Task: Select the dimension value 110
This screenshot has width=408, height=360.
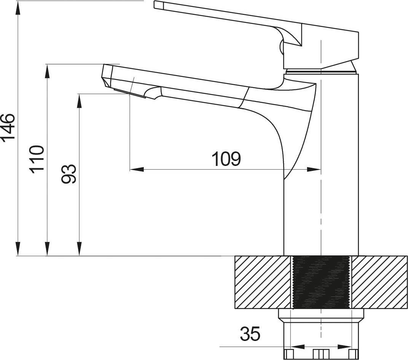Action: [x=37, y=159]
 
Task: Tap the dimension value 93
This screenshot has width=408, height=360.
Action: [x=69, y=174]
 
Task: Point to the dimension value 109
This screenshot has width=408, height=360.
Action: [x=226, y=159]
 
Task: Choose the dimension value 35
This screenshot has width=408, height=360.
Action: [x=250, y=334]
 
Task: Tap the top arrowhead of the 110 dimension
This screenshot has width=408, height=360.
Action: [x=47, y=71]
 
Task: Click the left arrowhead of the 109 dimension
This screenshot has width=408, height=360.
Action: [x=137, y=170]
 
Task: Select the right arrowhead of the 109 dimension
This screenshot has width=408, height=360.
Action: [x=314, y=170]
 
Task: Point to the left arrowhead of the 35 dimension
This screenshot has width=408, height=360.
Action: [x=298, y=347]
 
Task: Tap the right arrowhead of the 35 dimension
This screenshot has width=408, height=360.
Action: [x=344, y=347]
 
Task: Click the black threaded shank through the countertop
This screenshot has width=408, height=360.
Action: [x=321, y=282]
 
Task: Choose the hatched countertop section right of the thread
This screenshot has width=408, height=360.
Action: [x=379, y=282]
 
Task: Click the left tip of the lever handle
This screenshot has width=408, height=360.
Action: [x=156, y=5]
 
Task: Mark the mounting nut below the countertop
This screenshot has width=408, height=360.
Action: [x=321, y=333]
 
